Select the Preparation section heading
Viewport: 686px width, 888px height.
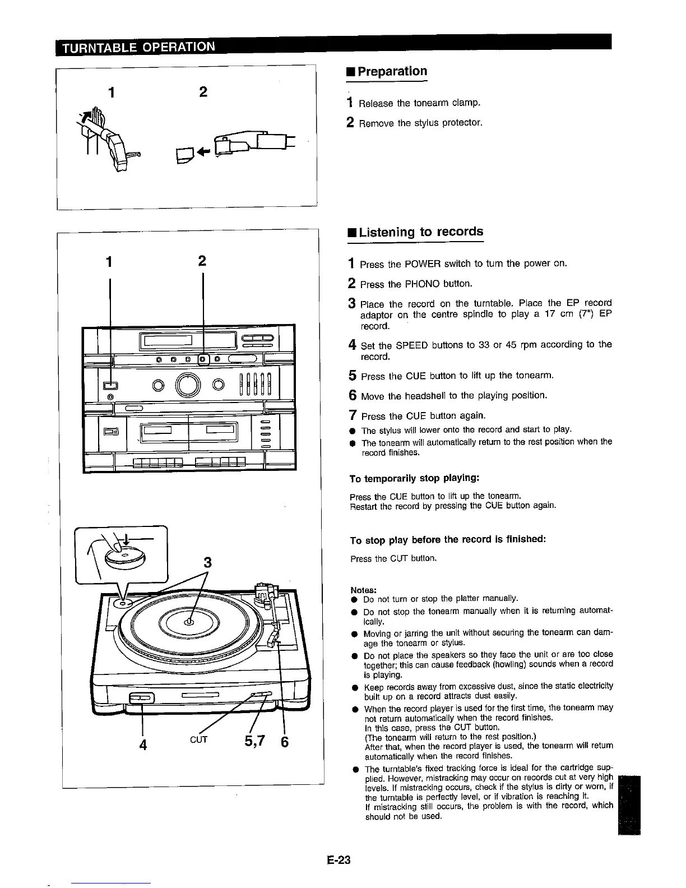pyautogui.click(x=392, y=72)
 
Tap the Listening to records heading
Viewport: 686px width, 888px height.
pyautogui.click(x=420, y=232)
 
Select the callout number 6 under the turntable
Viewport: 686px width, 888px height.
pyautogui.click(x=284, y=742)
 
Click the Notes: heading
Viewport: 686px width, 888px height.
pyautogui.click(x=363, y=590)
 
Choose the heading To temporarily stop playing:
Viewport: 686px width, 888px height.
pyautogui.click(x=414, y=478)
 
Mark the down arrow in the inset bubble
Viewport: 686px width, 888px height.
pyautogui.click(x=127, y=540)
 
